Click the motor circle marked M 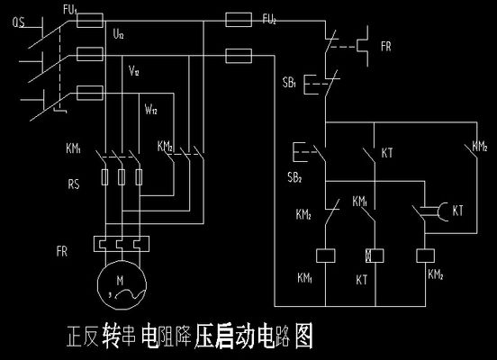(122, 287)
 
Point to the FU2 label (269, 19)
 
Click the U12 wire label (120, 34)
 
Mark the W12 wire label (150, 109)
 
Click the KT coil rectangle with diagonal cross (368, 255)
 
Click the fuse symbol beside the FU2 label (238, 18)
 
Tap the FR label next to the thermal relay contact (386, 45)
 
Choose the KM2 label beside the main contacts (165, 146)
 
